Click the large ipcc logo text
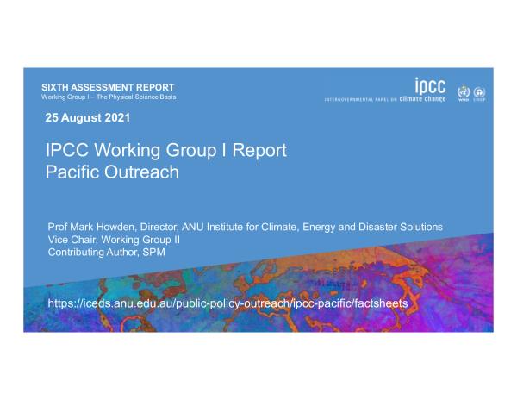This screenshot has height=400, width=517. tap(430, 86)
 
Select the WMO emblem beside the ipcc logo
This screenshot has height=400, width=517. tap(464, 93)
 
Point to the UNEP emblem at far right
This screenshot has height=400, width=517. tap(479, 94)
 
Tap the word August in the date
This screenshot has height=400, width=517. tap(82, 118)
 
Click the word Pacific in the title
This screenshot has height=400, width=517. tap(72, 172)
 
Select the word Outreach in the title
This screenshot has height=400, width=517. tap(141, 172)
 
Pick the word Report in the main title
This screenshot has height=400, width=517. tap(259, 150)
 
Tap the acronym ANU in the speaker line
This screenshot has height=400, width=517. tap(193, 227)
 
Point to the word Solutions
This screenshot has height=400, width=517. tap(421, 227)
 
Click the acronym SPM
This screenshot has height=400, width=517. tap(153, 253)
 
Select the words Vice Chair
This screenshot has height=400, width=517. tap(72, 240)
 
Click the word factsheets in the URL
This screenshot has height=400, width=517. tap(382, 303)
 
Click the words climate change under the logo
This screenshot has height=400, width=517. tap(422, 98)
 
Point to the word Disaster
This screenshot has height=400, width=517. tap(377, 227)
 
